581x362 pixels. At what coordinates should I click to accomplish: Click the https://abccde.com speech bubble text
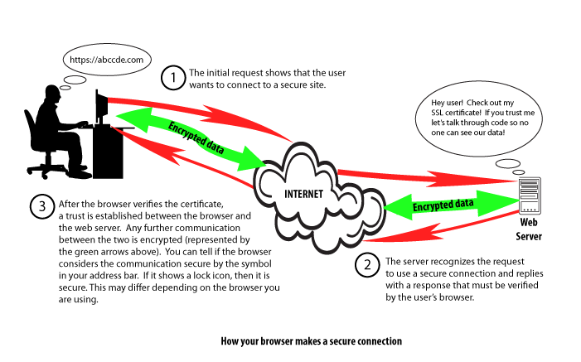tap(102, 60)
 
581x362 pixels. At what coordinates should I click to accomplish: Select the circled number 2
tap(366, 266)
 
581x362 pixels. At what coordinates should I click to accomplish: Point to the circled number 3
tap(41, 206)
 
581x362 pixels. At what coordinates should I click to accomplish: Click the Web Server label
tap(529, 229)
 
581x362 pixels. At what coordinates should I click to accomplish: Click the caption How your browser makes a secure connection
tap(312, 341)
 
